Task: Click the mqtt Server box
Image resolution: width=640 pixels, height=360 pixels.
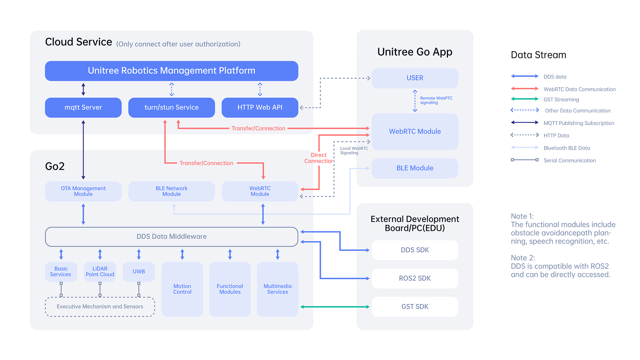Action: coord(83,108)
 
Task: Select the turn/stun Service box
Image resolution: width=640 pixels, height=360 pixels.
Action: coord(172,108)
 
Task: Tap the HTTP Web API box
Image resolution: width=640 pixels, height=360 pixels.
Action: coord(260,108)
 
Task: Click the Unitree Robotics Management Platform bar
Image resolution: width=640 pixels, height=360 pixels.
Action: coord(172,71)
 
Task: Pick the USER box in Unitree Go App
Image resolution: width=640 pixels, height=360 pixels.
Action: coord(415,78)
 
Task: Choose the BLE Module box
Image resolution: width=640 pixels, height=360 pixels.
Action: coord(415,168)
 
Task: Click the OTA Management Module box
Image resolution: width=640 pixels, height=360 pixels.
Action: coord(83,191)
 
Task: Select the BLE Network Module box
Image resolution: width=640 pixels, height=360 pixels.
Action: coord(172,191)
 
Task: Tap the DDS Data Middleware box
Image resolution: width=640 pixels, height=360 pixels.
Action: coord(172,237)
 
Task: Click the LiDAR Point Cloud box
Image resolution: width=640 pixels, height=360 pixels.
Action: coord(100,272)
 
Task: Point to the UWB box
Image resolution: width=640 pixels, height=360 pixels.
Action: coord(139,272)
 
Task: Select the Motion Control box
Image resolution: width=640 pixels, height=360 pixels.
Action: coord(182,289)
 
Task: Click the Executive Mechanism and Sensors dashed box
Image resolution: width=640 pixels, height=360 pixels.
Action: coord(100,307)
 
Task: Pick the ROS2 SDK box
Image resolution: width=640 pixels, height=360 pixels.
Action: coord(415,278)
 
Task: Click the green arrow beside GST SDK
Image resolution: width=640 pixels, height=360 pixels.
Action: coord(335,307)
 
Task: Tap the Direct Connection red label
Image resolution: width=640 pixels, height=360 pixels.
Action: coord(318,158)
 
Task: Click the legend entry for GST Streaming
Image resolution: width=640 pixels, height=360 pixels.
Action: coord(561,100)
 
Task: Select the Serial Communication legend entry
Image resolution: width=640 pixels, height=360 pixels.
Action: coord(569,160)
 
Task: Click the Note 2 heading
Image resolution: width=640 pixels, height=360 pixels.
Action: coord(522,258)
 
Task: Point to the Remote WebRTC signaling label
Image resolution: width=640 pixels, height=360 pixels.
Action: coord(436,100)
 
